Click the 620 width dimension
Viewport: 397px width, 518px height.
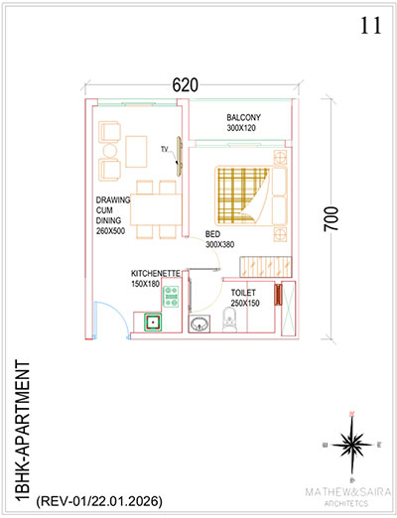coord(186,84)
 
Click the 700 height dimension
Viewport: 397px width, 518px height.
coord(331,219)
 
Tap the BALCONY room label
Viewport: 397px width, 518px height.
coord(243,117)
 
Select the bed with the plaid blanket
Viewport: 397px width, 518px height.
coord(251,195)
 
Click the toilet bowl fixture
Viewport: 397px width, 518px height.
coord(229,320)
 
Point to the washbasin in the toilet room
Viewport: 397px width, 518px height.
coord(199,324)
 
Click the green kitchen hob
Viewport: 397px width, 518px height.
coord(171,297)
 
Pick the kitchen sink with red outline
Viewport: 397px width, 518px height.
coord(153,322)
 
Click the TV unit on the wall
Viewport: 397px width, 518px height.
coord(180,156)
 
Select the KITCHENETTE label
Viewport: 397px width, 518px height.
coord(156,274)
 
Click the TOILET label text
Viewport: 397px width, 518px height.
coord(243,293)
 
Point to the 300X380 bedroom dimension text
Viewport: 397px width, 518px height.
coord(220,244)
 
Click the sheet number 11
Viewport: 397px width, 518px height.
coord(370,26)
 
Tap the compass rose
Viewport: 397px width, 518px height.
coord(352,446)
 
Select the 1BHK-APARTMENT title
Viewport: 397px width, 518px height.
coord(23,430)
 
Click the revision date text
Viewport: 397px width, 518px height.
coord(99,501)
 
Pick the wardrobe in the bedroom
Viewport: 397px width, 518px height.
coord(266,267)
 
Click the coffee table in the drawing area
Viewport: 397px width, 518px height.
coord(136,152)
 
